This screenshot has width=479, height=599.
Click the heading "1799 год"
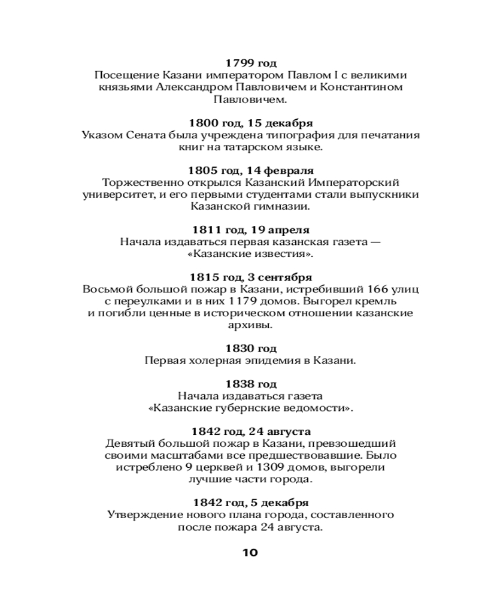250,63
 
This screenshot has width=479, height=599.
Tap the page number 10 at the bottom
250,552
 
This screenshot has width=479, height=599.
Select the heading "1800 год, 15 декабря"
250,123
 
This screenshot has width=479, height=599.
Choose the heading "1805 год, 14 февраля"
250,171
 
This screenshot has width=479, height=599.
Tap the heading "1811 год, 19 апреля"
250,229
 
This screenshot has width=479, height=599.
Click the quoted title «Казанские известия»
250,254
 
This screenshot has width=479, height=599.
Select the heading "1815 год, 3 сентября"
250,277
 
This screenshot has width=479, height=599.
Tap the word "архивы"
250,325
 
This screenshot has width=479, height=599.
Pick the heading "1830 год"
250,349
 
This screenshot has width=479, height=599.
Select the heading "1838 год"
250,384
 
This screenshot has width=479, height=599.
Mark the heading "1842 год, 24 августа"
250,431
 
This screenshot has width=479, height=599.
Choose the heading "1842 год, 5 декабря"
250,502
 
